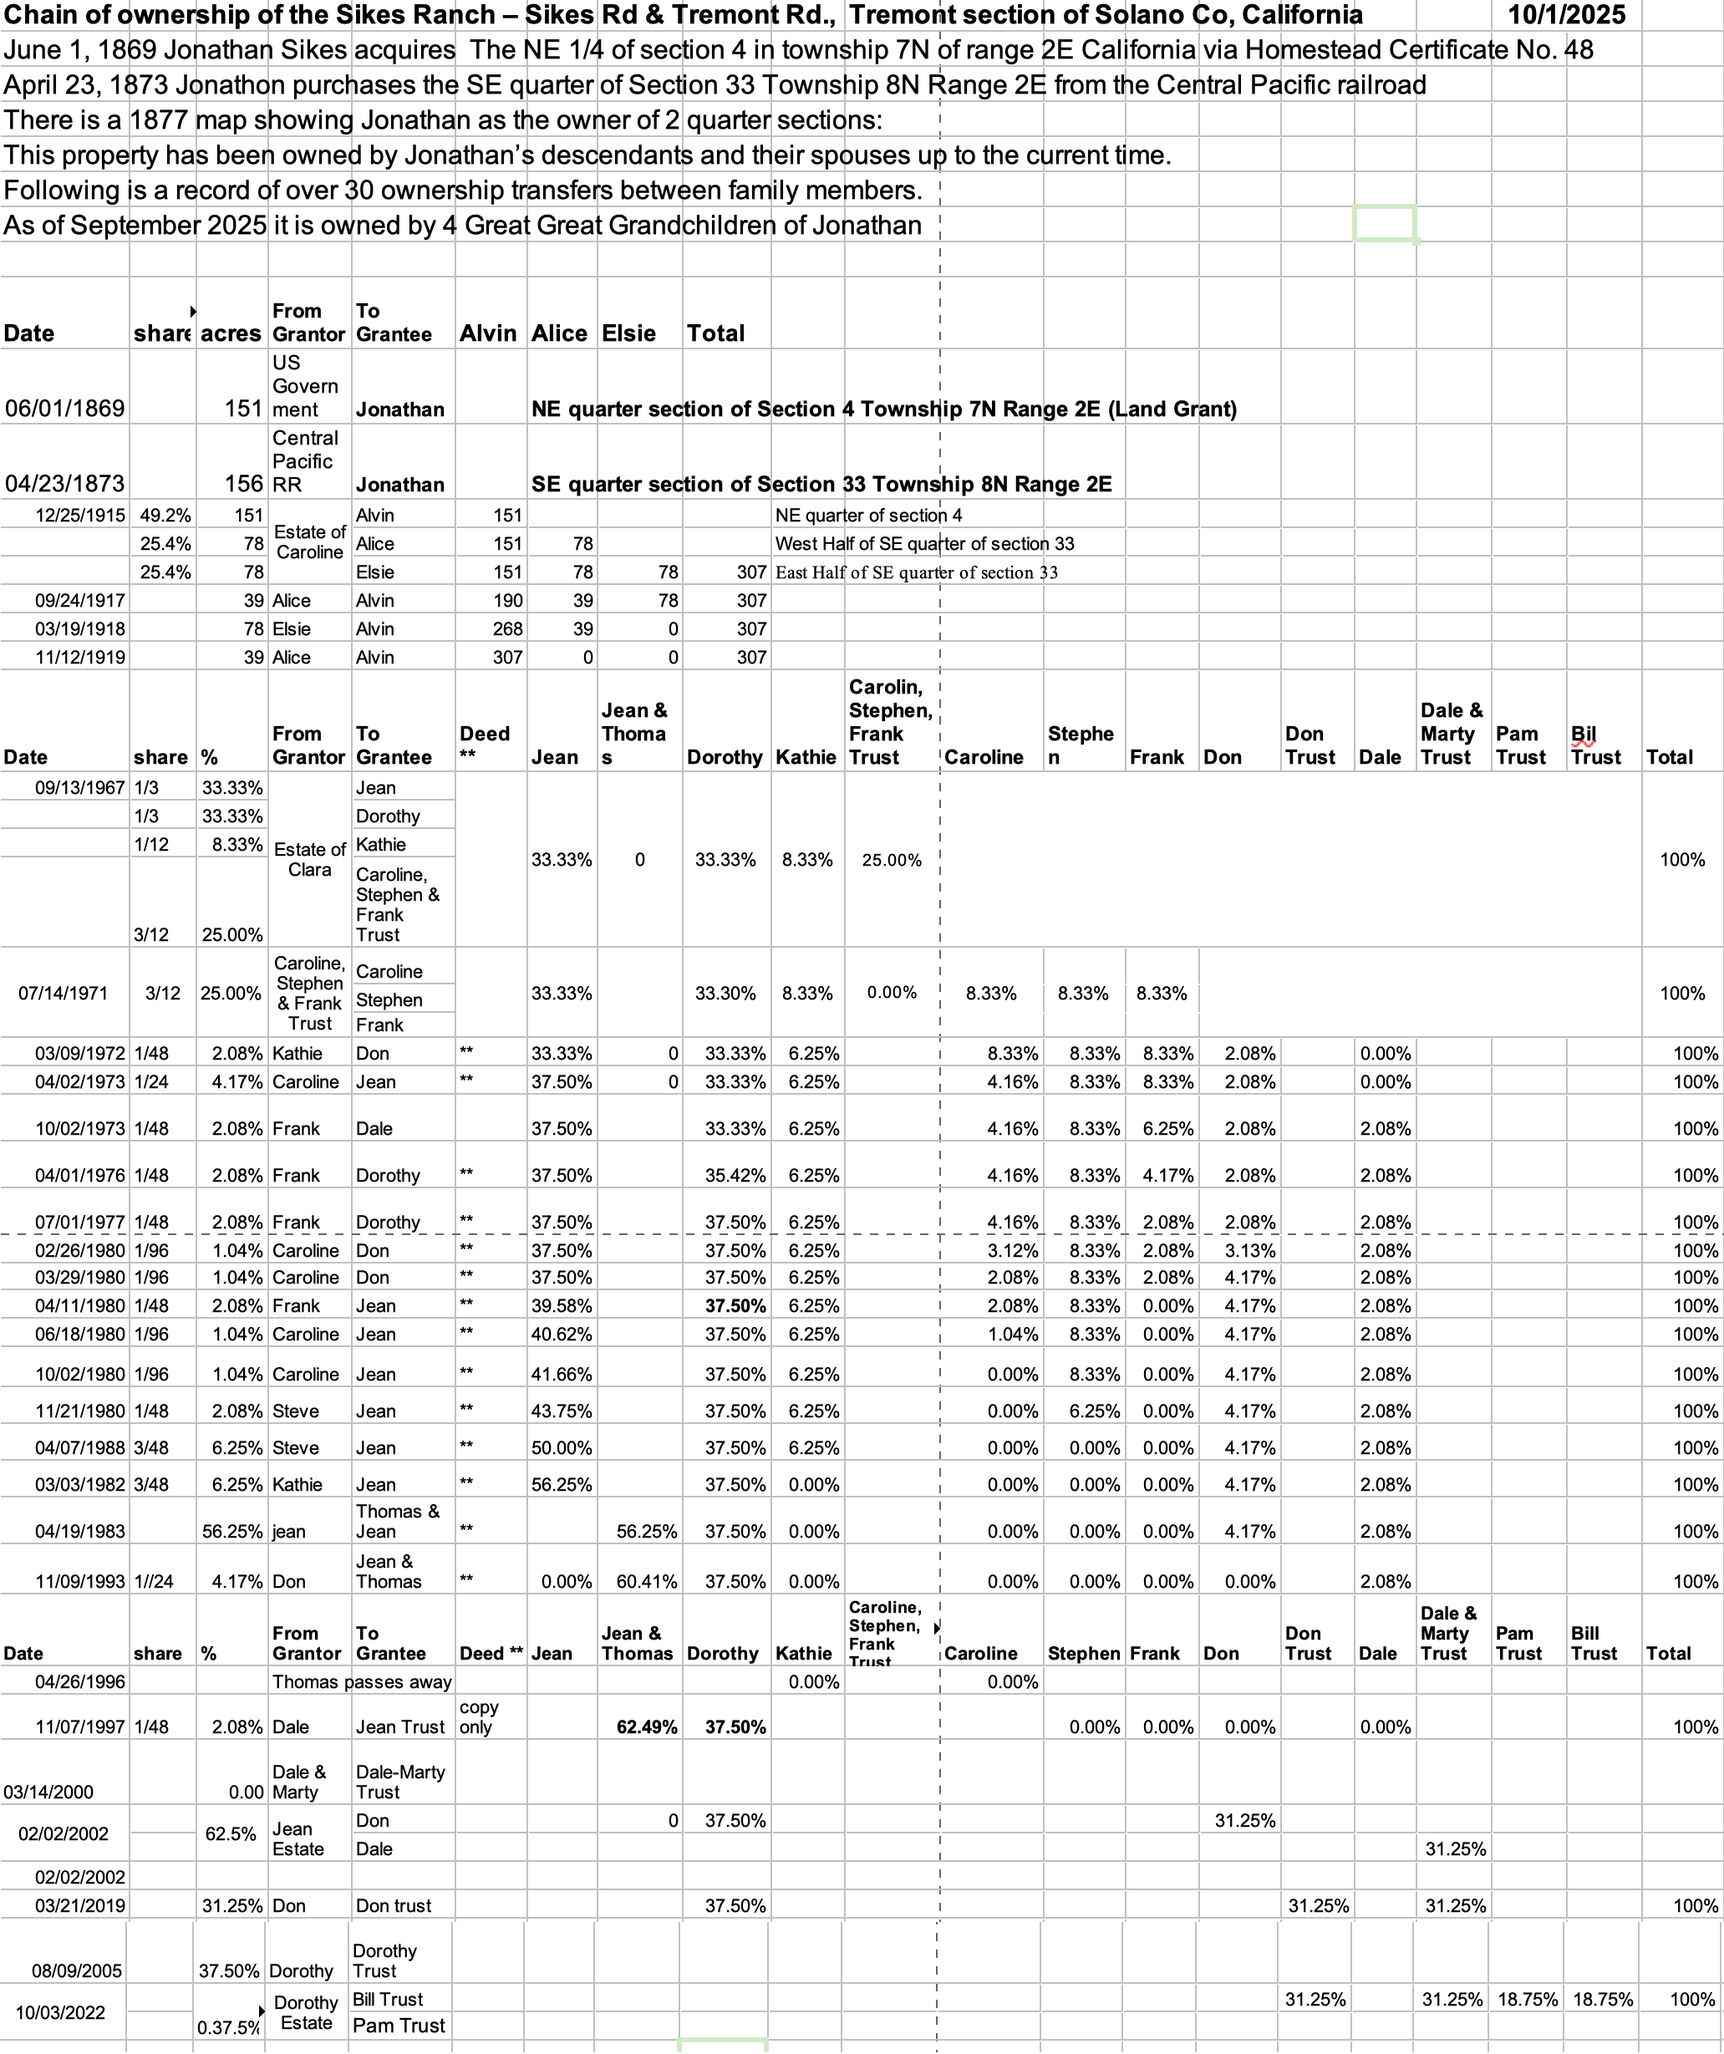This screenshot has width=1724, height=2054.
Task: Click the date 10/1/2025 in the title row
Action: [1567, 15]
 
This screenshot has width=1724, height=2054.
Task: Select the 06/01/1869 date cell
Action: [64, 408]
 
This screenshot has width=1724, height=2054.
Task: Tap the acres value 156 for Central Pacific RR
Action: [243, 483]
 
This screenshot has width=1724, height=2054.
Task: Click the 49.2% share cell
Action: [165, 516]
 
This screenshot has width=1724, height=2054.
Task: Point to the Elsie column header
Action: [628, 333]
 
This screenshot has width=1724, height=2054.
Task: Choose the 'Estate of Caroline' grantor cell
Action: [309, 541]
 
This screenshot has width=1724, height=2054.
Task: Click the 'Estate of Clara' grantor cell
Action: [309, 859]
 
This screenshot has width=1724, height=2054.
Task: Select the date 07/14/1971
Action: [64, 993]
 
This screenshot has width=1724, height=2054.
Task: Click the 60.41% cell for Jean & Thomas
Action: [646, 1582]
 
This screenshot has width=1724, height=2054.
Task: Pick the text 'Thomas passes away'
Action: [362, 1681]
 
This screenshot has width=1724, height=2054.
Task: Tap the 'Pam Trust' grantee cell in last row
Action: [399, 2025]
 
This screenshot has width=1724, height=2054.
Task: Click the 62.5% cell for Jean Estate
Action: [231, 1834]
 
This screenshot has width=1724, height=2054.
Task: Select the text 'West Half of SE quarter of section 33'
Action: [924, 544]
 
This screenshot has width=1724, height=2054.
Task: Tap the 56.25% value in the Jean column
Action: [562, 1484]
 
